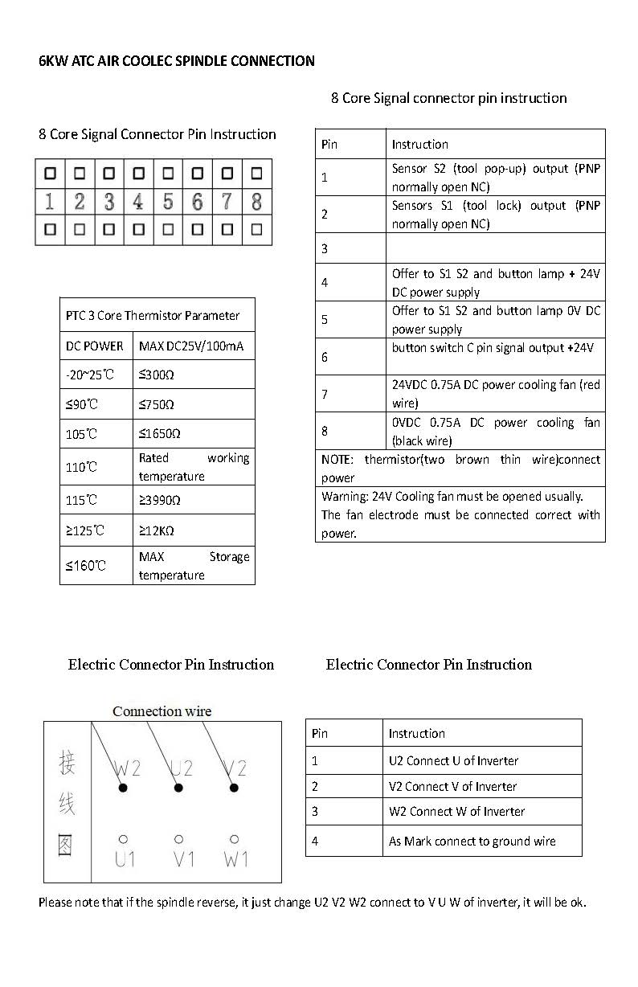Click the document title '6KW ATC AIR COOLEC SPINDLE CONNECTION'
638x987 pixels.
pyautogui.click(x=177, y=61)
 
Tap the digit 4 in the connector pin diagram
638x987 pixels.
pyautogui.click(x=138, y=201)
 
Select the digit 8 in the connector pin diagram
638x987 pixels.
pyautogui.click(x=256, y=201)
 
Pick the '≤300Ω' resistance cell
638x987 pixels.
pyautogui.click(x=156, y=375)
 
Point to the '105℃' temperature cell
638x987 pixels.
pyautogui.click(x=81, y=434)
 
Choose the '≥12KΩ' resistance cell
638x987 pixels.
pyautogui.click(x=157, y=530)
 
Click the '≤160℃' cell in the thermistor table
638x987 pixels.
pyautogui.click(x=86, y=566)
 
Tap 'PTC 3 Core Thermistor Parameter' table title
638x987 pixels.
pyautogui.click(x=153, y=316)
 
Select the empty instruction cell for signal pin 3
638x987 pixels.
pyautogui.click(x=495, y=248)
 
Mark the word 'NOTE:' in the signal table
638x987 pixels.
pyautogui.click(x=337, y=460)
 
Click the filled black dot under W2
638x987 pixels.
pyautogui.click(x=123, y=788)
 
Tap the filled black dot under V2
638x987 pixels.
pyautogui.click(x=234, y=788)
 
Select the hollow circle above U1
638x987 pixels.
pyautogui.click(x=123, y=839)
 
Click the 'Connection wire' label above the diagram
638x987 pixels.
pyautogui.click(x=162, y=711)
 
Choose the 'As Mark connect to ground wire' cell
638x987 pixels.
pyautogui.click(x=472, y=842)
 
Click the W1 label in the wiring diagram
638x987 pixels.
pyautogui.click(x=235, y=860)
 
